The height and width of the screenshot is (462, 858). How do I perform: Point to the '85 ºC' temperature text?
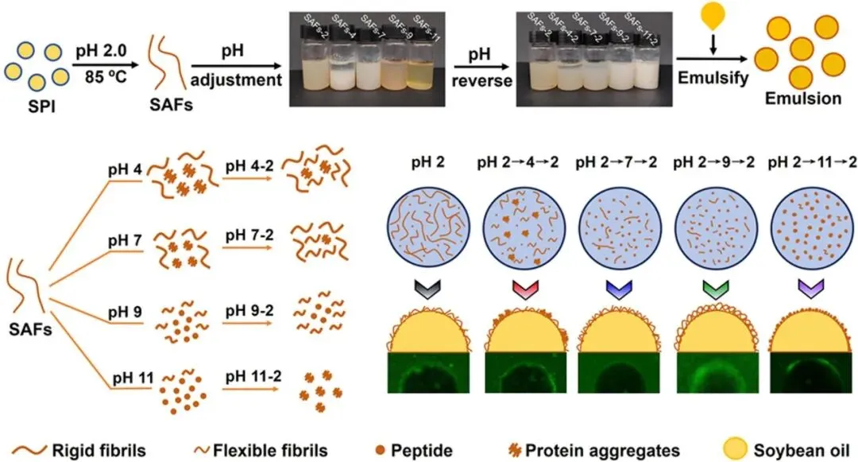(100, 79)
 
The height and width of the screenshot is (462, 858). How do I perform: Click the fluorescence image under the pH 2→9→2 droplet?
(706, 375)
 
